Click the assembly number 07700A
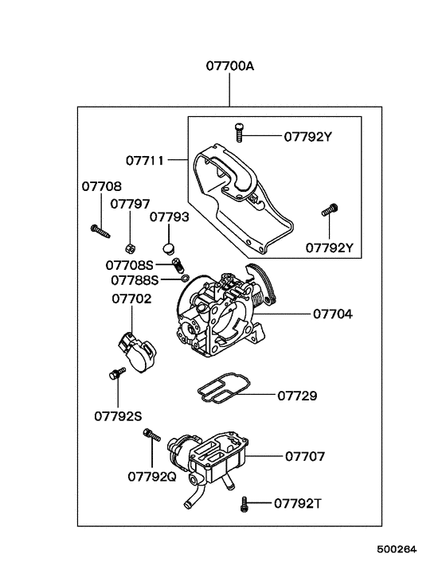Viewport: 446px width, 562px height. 229,68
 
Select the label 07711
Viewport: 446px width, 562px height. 144,160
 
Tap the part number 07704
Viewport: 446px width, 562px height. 332,314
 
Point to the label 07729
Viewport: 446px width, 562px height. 297,395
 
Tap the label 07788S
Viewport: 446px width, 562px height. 135,279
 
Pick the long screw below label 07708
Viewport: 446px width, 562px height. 100,230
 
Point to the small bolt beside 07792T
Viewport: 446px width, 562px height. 245,503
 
